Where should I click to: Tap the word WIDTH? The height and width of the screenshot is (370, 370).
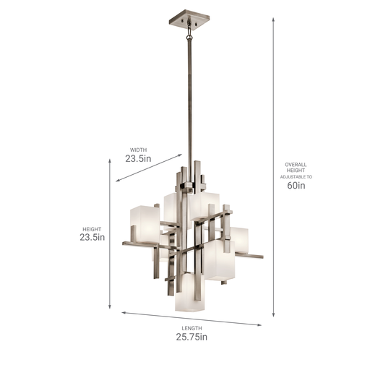138,150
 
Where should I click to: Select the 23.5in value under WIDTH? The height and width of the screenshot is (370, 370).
138,158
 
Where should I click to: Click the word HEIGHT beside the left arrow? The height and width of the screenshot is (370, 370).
92,229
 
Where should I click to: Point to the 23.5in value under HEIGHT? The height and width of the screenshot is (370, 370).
92,238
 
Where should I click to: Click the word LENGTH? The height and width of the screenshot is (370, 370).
192,328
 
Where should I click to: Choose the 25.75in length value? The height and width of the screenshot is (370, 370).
192,337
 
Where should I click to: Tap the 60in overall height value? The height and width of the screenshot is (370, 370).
296,185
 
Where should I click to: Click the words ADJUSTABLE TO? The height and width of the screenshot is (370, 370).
296,177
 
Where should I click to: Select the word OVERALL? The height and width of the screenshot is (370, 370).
296,165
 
